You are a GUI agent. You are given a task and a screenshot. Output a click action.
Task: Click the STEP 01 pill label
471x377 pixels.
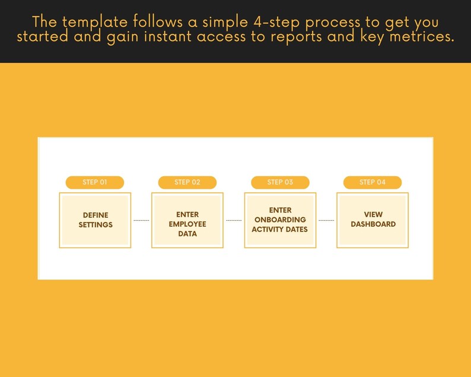[95, 182]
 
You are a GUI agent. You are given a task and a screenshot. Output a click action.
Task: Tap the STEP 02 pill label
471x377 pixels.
[187, 182]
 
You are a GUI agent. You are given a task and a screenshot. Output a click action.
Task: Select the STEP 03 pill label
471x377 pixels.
[280, 182]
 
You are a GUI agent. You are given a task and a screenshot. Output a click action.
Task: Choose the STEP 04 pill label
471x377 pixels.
[373, 182]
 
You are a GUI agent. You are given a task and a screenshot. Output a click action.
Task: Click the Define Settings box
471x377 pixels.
[96, 220]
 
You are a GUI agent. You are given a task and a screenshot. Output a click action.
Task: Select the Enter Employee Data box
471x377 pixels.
[187, 220]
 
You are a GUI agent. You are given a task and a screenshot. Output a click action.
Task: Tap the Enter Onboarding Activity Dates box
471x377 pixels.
[280, 220]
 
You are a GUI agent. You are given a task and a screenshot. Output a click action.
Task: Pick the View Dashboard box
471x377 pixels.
[373, 220]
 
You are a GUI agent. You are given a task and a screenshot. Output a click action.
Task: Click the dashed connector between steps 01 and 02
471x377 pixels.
[142, 220]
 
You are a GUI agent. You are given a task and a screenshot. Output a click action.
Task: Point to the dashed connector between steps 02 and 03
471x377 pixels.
[234, 220]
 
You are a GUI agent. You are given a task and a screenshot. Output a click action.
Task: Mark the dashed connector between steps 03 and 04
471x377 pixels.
[326, 220]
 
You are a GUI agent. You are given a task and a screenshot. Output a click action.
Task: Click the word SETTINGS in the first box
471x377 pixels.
[96, 225]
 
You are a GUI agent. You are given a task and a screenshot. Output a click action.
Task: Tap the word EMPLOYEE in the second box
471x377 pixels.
[187, 224]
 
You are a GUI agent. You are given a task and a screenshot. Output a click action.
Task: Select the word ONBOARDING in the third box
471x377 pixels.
[280, 220]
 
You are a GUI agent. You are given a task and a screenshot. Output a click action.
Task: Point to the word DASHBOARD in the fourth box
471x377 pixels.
[373, 224]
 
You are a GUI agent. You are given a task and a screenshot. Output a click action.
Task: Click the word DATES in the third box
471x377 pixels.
[297, 229]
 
